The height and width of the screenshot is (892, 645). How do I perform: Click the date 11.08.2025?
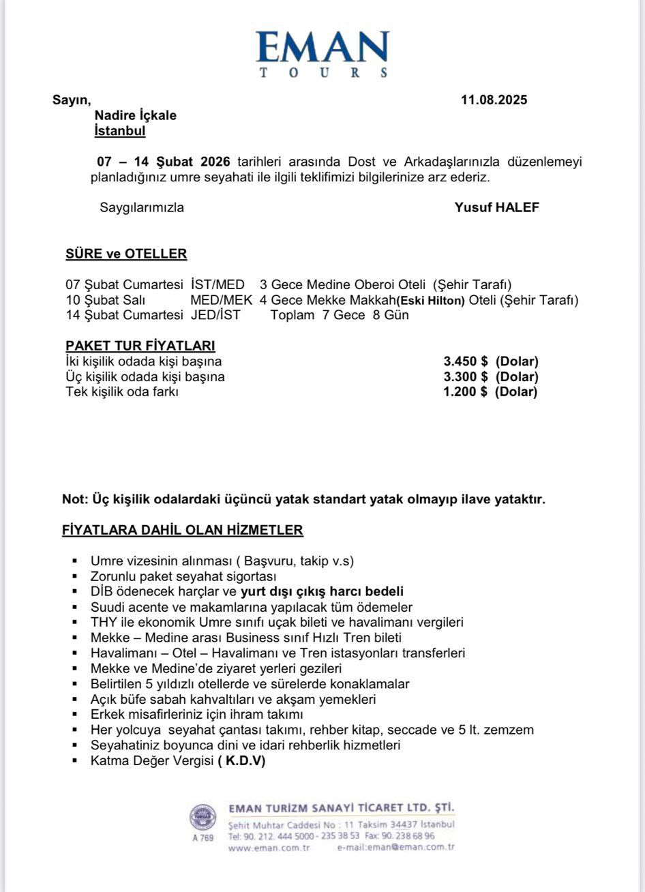coord(494,100)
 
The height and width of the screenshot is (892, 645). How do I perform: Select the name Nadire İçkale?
coord(135,115)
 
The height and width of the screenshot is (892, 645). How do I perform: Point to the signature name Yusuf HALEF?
coord(496,208)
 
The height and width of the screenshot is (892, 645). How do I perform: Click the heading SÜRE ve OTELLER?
coord(126,254)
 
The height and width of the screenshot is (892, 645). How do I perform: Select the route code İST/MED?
coord(217,284)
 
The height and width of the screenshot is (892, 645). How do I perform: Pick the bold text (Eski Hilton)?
coord(430,300)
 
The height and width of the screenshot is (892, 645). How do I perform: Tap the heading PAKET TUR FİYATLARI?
coord(140,346)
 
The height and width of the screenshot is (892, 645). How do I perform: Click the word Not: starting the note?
coord(74,499)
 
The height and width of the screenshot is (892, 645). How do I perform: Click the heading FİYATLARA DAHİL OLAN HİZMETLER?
coord(183,530)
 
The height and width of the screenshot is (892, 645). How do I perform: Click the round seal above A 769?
coord(202,818)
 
